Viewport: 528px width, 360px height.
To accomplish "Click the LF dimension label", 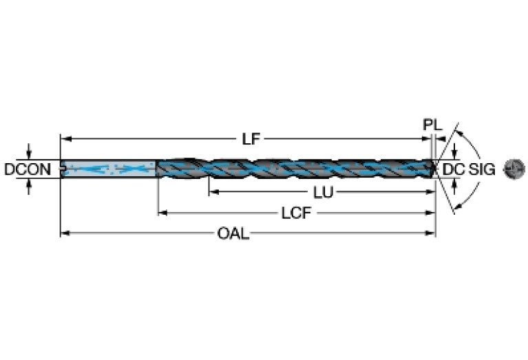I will pos(251,139).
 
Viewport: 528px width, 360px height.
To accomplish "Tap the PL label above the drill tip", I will pos(431,125).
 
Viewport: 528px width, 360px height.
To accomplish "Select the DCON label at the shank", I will pos(28,169).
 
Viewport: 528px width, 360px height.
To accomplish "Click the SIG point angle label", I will pos(482,169).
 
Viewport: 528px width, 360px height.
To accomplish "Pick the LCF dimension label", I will pos(297,213).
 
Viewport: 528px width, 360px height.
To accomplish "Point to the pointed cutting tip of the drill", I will pos(434,168).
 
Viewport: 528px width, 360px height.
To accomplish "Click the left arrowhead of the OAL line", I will pos(64,234).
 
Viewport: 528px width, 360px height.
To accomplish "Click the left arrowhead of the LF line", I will pos(64,139).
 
